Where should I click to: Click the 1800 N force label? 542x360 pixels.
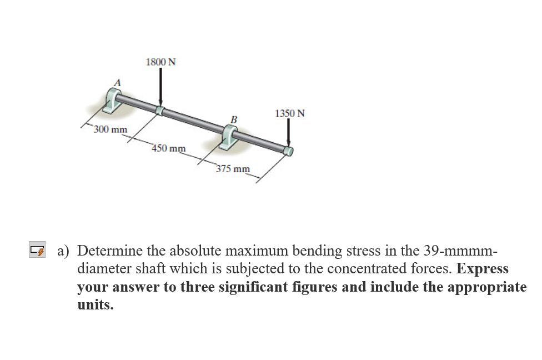tap(160, 62)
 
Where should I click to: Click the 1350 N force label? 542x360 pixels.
tap(289, 113)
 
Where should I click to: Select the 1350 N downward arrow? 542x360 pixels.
tap(289, 133)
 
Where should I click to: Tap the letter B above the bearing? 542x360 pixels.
tap(234, 119)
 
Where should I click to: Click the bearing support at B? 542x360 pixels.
tap(229, 137)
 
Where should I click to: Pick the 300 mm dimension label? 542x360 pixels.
tap(111, 130)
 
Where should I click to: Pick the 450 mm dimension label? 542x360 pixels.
tap(169, 148)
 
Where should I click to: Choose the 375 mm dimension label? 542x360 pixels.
tap(233, 169)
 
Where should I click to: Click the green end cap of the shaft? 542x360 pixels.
tap(288, 151)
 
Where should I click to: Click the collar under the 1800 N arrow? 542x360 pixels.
tap(160, 110)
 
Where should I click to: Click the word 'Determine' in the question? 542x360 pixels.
tap(113, 250)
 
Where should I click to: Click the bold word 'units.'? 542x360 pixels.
tap(95, 305)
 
